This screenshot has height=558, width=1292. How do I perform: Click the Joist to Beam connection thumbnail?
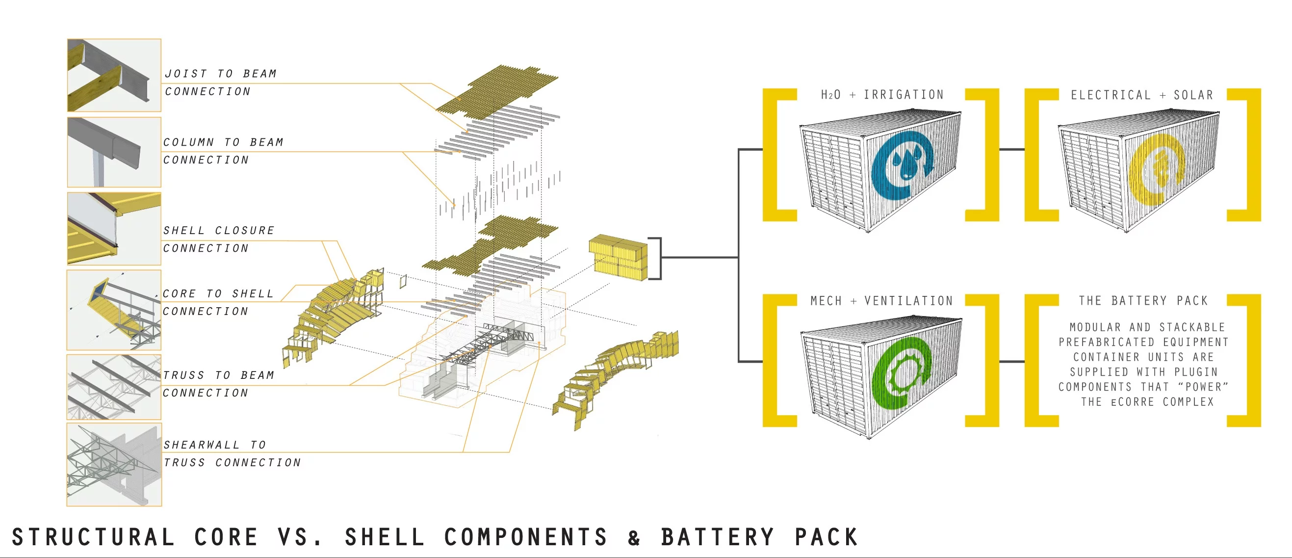114,75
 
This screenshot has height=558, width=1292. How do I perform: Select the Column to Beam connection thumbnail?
114,152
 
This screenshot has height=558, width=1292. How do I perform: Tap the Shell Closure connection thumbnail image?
114,228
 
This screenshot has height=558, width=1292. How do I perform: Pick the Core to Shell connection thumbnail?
114,310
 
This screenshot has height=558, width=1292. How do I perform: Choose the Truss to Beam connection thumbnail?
114,387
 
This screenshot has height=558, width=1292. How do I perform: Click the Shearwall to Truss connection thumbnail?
114,464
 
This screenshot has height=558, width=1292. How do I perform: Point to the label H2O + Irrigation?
882,95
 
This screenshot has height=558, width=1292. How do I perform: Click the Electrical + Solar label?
1142,95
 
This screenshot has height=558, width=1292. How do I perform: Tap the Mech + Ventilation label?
882,301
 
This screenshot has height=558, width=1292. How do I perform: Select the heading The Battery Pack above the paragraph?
1143,301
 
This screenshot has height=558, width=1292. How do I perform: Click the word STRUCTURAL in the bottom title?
93,537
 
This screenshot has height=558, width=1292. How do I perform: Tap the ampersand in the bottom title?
634,538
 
